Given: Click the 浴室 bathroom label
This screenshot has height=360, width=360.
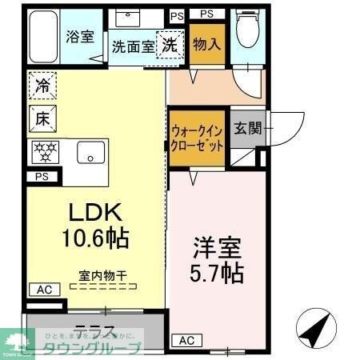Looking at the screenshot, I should [x=80, y=37].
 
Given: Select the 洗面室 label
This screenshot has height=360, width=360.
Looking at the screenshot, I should [x=131, y=46].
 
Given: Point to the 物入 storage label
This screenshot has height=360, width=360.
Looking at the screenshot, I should [x=206, y=44].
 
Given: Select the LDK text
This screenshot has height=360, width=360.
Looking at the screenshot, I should [x=94, y=214].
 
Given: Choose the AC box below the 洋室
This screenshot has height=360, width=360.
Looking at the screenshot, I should [x=185, y=340].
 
